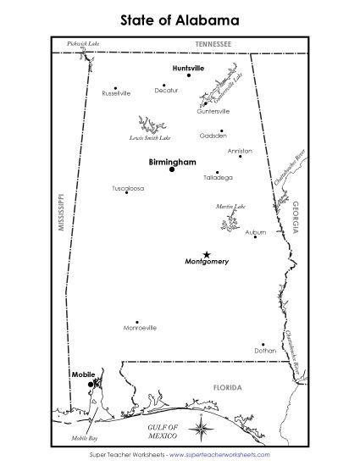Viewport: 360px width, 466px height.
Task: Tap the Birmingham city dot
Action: point(172,169)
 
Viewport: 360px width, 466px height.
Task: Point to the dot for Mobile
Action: point(90,384)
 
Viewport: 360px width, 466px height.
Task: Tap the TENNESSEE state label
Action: point(212,42)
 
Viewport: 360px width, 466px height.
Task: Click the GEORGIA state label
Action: point(295,217)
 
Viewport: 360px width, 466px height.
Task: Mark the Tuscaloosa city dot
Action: point(126,192)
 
